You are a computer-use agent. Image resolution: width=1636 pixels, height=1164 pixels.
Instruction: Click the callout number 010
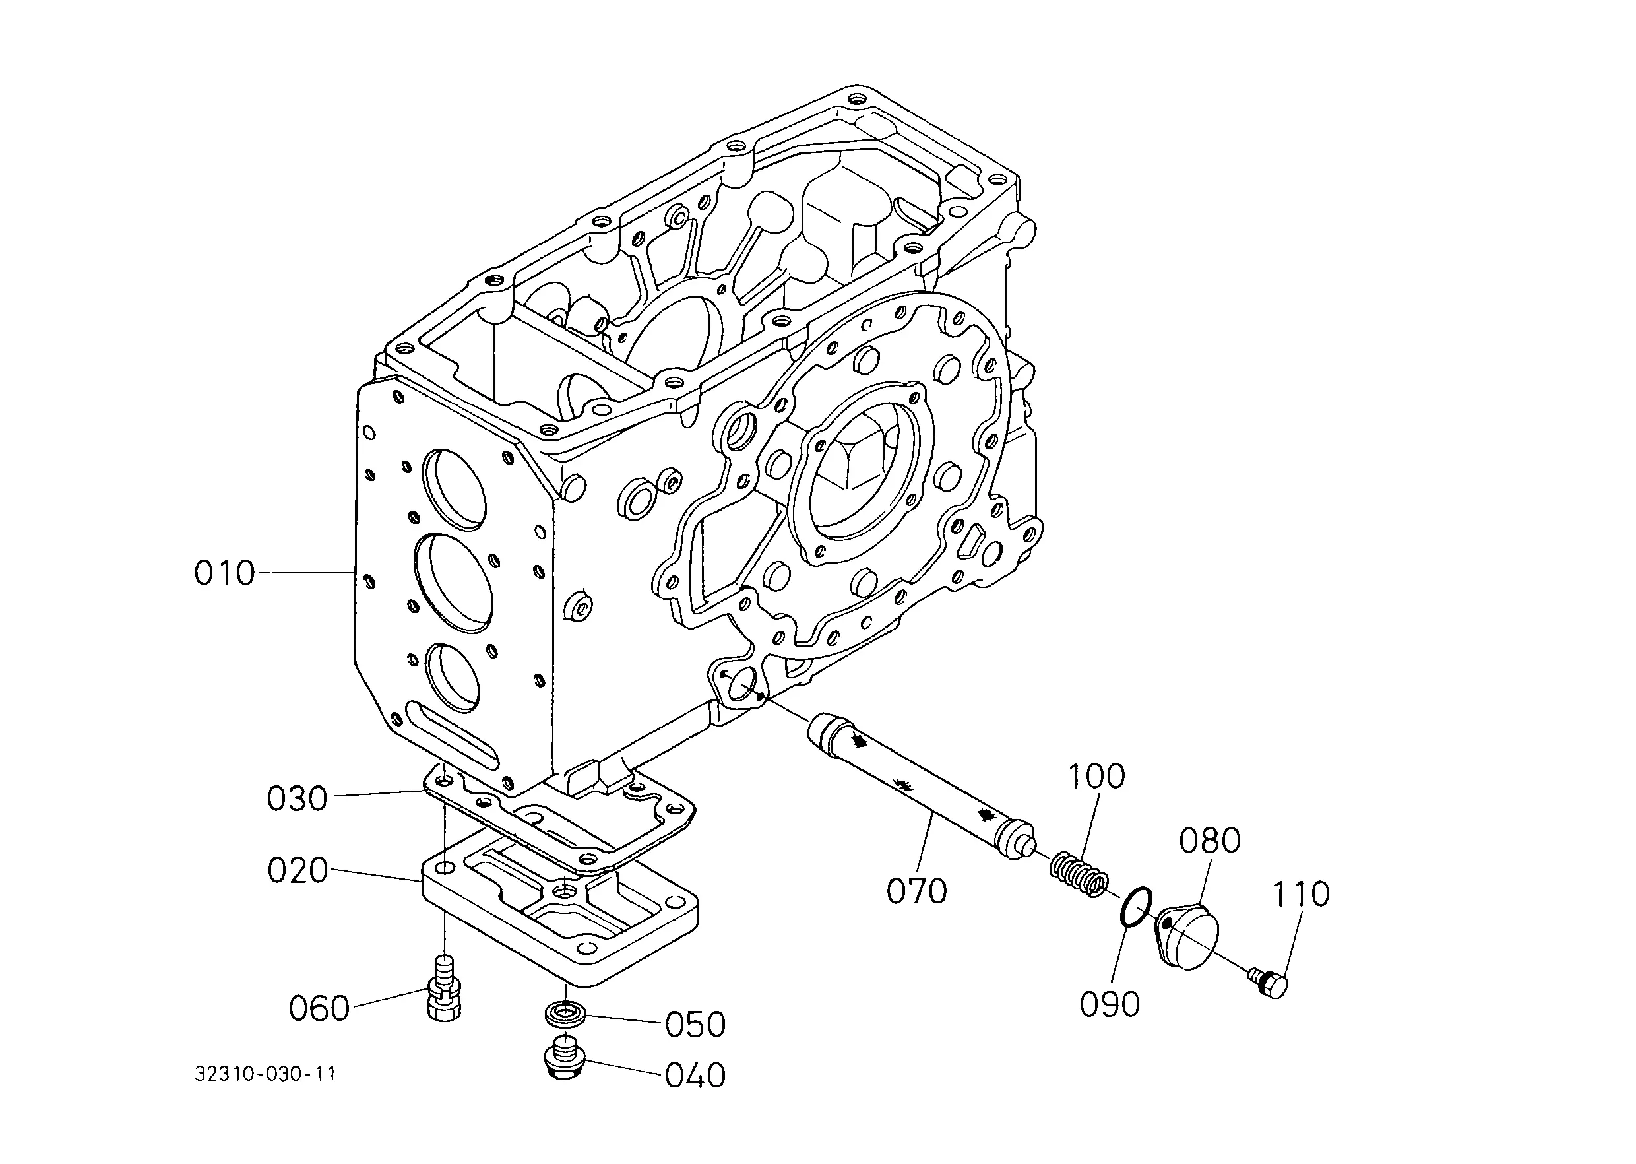coord(224,573)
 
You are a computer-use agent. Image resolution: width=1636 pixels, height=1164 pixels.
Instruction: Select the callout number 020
coord(298,870)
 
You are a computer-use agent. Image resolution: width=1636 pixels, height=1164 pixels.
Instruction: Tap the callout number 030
coord(297,798)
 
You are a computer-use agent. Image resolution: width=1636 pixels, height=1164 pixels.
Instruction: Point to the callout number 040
coord(695,1076)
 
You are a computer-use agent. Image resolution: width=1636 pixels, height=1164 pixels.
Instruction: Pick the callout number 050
coord(695,1025)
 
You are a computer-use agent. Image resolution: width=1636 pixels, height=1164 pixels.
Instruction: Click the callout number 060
coord(319,1008)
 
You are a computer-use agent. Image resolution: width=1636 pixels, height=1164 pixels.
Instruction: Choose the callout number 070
coord(916,891)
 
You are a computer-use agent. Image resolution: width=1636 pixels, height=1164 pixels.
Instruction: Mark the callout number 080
coord(1210,841)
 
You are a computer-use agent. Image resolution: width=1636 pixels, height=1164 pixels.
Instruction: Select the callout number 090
coord(1110,1005)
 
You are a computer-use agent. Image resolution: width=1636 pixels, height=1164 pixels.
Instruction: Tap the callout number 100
coord(1096,776)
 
